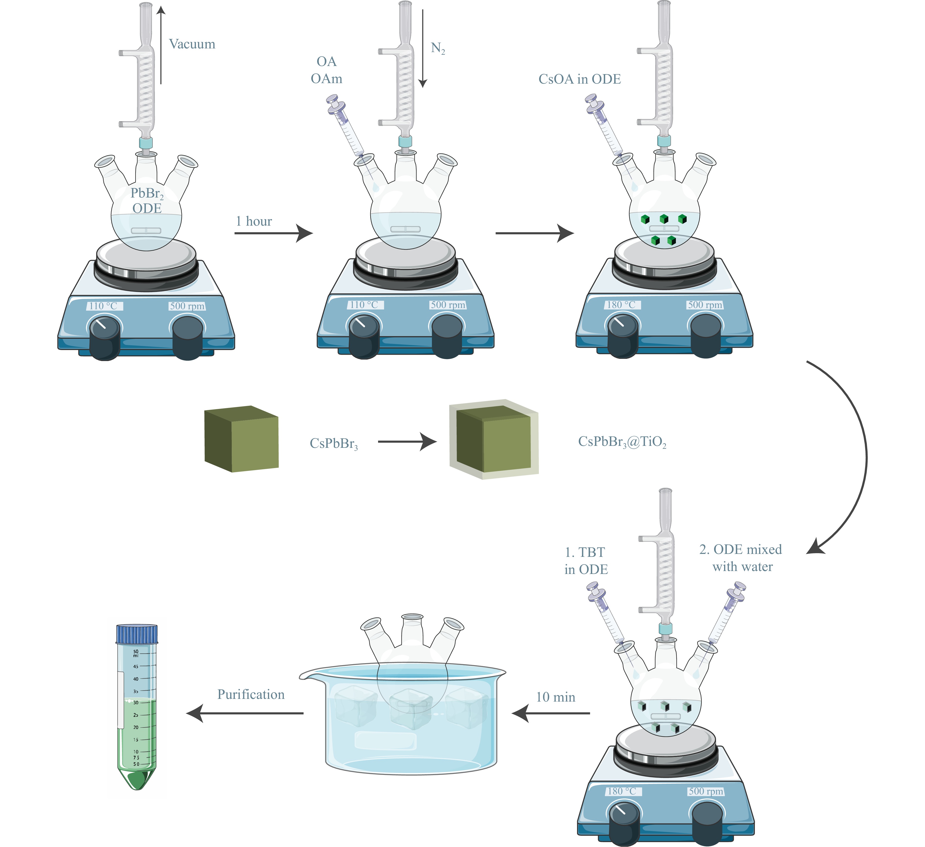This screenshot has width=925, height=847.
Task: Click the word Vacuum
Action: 192,44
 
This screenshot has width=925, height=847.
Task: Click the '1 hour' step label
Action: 254,221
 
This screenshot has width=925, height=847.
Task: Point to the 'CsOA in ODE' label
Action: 579,79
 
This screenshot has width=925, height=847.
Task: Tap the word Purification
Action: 251,694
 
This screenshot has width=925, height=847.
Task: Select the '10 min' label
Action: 555,697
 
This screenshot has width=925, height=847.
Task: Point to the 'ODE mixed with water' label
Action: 741,558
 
